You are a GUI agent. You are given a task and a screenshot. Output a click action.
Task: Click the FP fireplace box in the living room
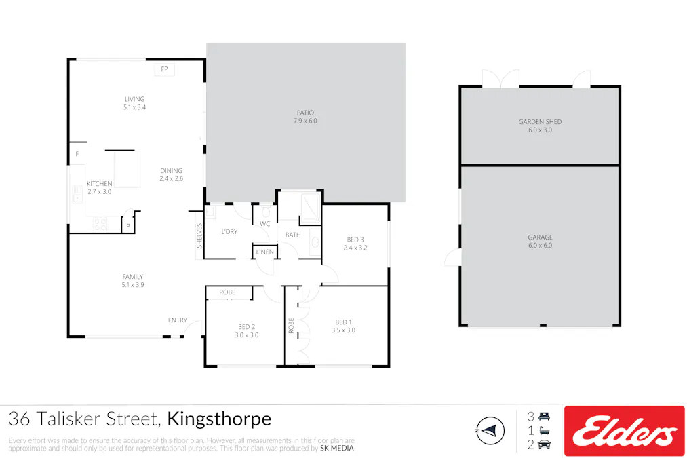point(164,69)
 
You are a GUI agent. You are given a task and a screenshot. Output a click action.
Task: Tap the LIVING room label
point(134,99)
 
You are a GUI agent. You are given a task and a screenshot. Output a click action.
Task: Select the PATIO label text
point(305,113)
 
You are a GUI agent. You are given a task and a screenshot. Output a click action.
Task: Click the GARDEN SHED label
point(540,122)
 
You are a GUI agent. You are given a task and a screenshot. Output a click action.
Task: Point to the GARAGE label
point(540,237)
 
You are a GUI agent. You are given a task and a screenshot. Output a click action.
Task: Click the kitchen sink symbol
point(77,198)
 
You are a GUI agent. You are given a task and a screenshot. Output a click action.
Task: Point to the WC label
point(264,223)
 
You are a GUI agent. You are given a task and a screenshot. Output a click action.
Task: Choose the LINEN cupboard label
point(264,252)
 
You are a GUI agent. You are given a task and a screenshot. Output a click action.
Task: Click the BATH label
point(293,235)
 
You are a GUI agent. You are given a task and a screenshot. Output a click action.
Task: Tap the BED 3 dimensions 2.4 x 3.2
point(355,248)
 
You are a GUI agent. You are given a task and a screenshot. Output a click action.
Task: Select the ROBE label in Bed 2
point(227,292)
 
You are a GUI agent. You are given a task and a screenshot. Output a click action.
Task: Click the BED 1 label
point(343,322)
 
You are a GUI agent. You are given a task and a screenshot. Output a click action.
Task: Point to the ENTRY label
point(178,320)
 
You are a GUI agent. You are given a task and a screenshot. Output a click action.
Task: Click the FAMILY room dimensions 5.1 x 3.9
point(133,285)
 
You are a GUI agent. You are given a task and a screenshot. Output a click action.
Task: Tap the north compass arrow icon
point(490,430)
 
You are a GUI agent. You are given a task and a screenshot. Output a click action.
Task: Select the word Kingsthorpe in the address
point(219,419)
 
